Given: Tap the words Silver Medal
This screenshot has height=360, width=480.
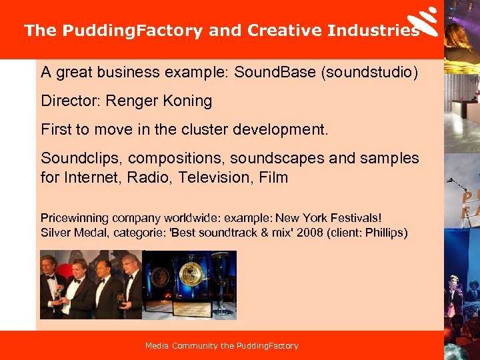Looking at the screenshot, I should tap(73, 233).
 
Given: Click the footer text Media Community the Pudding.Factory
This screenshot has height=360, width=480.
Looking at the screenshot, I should tap(222, 346).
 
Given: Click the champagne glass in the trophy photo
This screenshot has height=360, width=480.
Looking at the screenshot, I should tap(221, 280).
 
